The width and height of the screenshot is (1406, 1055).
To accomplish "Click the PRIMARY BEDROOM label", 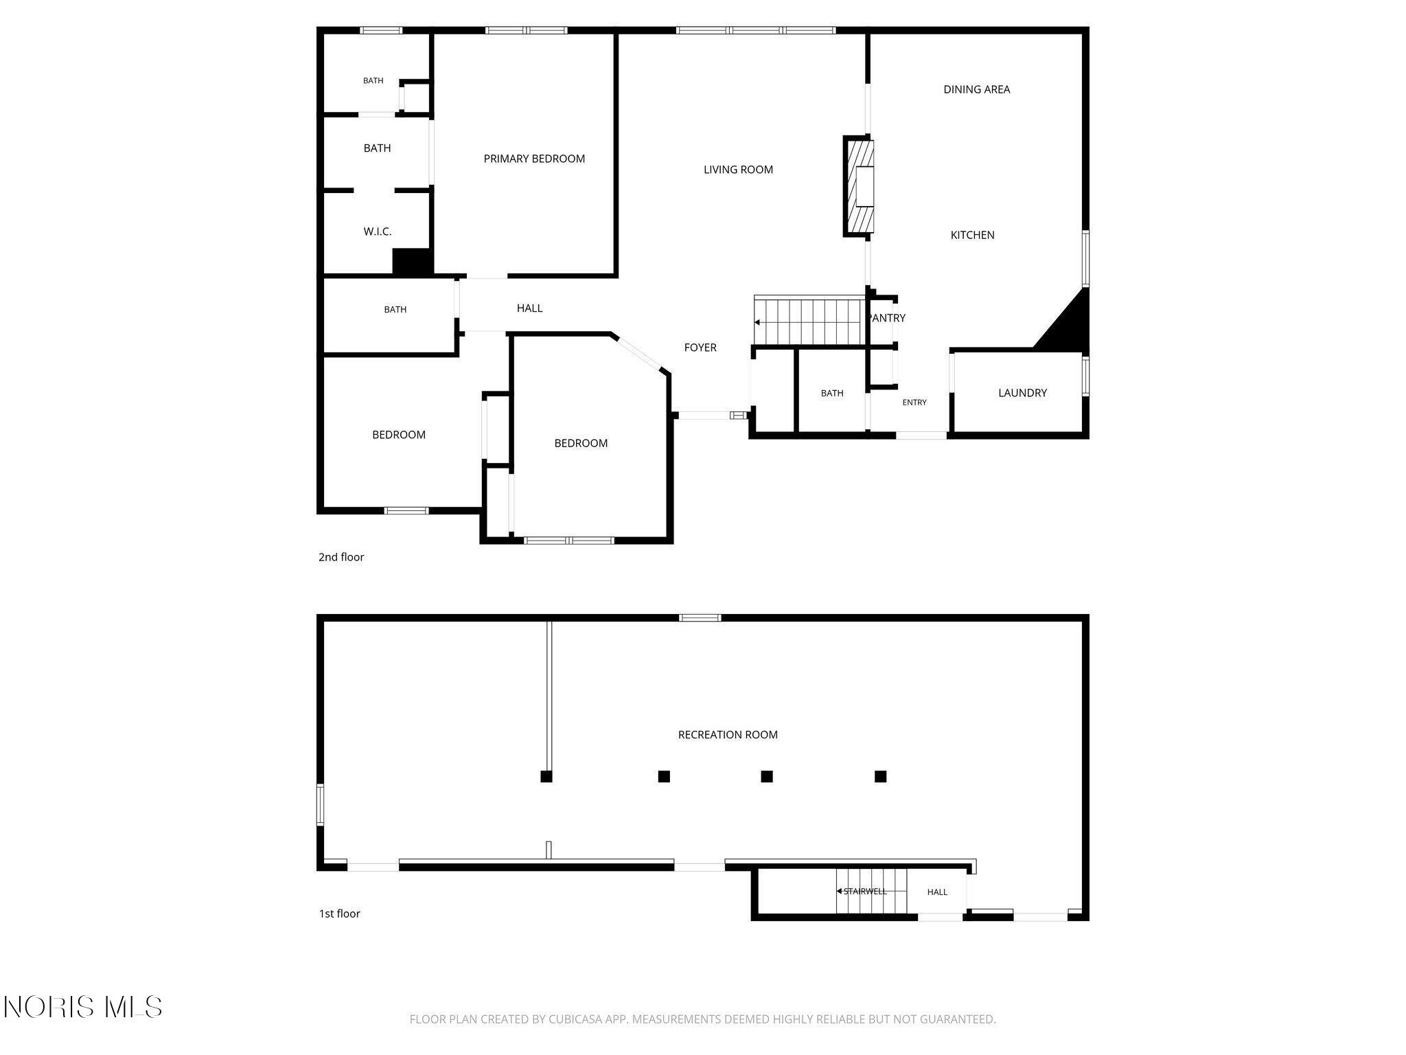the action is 534,159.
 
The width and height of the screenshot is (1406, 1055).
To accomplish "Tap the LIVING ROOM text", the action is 738,170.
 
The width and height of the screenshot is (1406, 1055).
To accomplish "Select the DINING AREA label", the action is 976,89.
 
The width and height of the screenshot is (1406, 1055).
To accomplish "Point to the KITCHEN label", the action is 972,235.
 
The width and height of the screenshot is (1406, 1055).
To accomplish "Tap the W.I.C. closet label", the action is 378,231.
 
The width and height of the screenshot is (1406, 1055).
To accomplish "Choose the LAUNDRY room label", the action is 1022,393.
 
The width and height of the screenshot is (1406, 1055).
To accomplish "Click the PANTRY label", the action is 888,318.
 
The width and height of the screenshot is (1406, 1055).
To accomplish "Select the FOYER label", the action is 700,348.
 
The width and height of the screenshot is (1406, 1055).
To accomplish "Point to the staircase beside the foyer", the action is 809,321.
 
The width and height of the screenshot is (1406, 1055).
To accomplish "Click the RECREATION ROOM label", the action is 728,735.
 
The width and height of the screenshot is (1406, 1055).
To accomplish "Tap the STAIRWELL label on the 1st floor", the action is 864,892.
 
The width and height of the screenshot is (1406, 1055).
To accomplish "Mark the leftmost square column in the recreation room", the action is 546,777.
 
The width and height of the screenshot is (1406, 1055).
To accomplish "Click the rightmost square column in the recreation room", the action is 881,777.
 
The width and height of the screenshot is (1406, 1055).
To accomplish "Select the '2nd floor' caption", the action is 341,557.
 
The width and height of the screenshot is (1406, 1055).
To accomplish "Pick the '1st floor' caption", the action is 339,914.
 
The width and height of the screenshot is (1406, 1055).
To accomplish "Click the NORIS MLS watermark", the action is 83,1007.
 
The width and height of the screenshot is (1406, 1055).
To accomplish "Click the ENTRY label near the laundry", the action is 914,402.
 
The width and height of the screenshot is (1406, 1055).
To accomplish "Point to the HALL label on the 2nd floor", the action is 529,308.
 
